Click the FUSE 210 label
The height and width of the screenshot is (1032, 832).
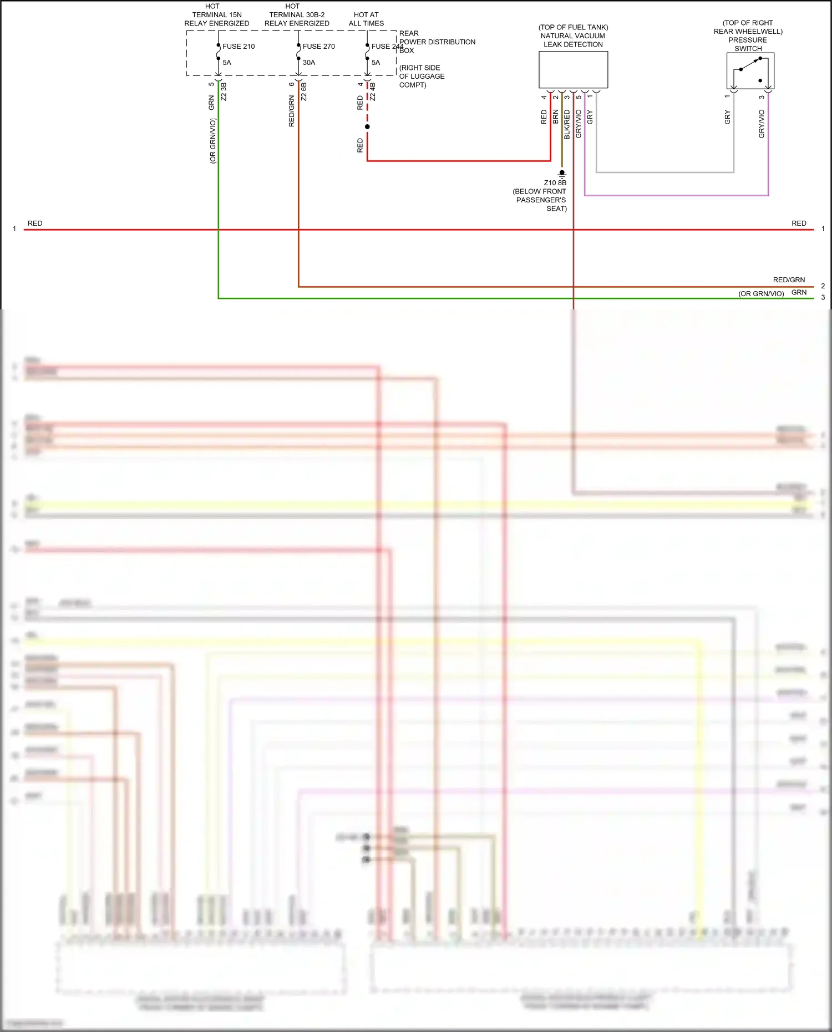(239, 47)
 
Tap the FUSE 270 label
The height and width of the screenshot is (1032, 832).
(318, 47)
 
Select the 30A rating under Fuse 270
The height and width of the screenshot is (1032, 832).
(309, 63)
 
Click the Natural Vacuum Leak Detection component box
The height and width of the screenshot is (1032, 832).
(573, 70)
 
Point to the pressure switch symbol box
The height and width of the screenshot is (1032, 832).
(750, 71)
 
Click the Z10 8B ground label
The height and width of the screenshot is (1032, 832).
(555, 183)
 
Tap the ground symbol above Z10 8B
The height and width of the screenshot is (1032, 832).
(562, 174)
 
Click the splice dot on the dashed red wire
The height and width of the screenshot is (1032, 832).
(367, 127)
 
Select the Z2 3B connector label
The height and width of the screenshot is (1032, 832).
(224, 92)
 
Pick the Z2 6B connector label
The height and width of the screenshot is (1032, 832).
(304, 92)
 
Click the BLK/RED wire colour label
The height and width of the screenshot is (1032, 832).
(567, 124)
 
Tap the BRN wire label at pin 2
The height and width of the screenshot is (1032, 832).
(555, 116)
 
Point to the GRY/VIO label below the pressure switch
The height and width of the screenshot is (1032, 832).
(762, 124)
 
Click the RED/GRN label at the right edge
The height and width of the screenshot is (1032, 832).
(789, 280)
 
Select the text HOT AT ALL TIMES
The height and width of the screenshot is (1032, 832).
(366, 19)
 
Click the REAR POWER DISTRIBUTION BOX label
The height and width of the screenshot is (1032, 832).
(437, 42)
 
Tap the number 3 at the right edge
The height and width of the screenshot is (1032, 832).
(823, 298)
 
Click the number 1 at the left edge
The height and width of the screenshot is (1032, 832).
(14, 228)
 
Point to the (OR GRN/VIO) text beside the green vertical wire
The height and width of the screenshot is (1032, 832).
(212, 141)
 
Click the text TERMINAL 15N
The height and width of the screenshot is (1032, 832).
(217, 15)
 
